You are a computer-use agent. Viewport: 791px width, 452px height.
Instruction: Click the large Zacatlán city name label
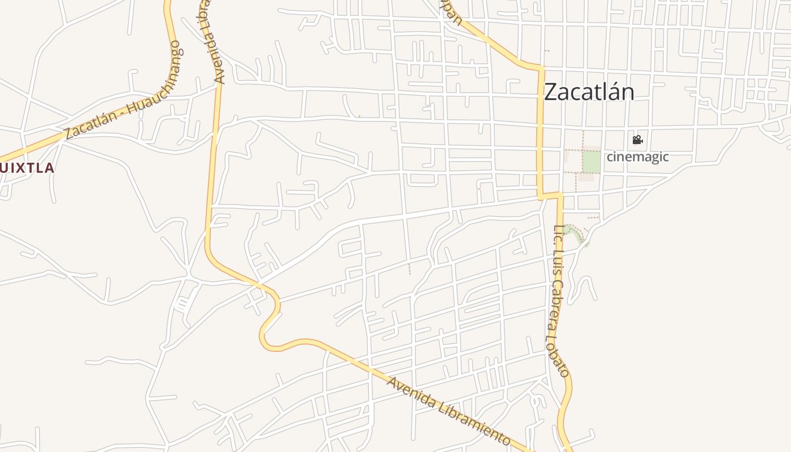(x=589, y=92)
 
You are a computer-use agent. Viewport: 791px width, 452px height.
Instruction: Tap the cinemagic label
(x=637, y=157)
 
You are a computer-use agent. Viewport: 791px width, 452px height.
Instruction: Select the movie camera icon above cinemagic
(x=637, y=140)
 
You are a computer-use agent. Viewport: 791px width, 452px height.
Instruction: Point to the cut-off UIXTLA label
(x=27, y=168)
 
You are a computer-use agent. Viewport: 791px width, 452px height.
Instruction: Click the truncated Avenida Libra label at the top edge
(x=213, y=42)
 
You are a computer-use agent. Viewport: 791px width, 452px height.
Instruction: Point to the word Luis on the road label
(x=557, y=268)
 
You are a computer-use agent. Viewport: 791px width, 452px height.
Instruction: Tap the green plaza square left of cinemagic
(x=592, y=162)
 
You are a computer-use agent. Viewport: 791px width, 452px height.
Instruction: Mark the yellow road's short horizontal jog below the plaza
(x=550, y=196)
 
